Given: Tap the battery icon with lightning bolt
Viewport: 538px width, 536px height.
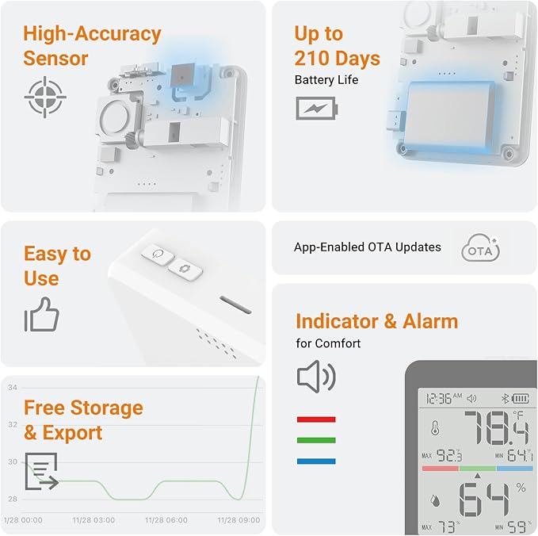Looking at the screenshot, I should pyautogui.click(x=315, y=108).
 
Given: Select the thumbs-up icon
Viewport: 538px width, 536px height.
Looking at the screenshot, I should pyautogui.click(x=41, y=316).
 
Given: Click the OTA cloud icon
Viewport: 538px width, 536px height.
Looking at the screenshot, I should pyautogui.click(x=480, y=248).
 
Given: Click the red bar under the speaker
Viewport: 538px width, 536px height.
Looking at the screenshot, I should pyautogui.click(x=315, y=419).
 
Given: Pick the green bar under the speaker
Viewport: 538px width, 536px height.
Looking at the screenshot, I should pyautogui.click(x=315, y=440).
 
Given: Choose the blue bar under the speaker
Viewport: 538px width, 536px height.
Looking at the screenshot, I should pyautogui.click(x=315, y=461).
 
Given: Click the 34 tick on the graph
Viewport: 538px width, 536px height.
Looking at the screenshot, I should pyautogui.click(x=13, y=388).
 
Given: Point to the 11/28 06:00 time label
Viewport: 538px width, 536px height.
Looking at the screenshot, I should pyautogui.click(x=165, y=520).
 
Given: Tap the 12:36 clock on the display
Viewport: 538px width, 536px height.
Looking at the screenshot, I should pyautogui.click(x=442, y=398).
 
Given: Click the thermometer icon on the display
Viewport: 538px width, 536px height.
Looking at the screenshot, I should pyautogui.click(x=434, y=429).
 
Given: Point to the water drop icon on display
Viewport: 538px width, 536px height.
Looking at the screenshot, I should pyautogui.click(x=434, y=501).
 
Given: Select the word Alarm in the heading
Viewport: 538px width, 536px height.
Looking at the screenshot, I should pyautogui.click(x=430, y=321).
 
